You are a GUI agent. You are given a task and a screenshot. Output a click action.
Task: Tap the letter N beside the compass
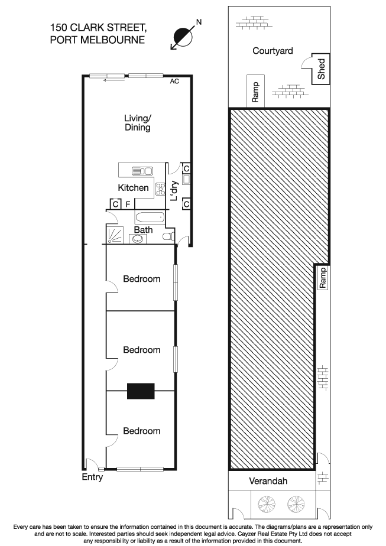click(199, 22)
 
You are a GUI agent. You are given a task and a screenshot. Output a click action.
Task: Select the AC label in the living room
click(174, 82)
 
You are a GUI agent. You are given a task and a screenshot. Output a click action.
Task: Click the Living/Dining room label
click(137, 122)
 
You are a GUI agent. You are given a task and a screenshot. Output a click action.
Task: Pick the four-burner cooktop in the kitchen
click(160, 189)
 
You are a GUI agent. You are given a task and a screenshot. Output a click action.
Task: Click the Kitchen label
click(134, 188)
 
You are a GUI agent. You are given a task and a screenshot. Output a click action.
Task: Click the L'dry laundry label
click(174, 191)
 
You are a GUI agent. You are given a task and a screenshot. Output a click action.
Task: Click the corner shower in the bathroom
click(116, 235)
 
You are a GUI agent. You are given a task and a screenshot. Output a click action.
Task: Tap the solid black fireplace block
click(141, 391)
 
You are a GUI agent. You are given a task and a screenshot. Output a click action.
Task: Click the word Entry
click(92, 477)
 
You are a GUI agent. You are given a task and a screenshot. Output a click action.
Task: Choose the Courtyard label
click(273, 51)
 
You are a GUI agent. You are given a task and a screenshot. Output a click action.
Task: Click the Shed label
click(322, 69)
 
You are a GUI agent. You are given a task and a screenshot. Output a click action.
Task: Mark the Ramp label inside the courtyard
click(255, 92)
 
